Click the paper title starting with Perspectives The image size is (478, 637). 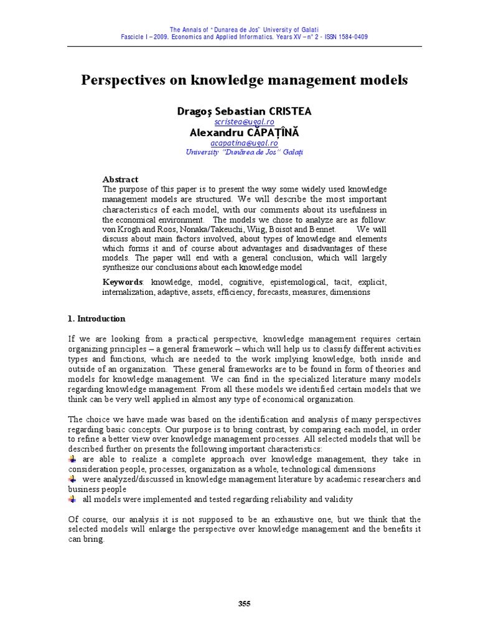tap(244, 80)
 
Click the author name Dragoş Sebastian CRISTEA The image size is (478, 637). tap(244, 111)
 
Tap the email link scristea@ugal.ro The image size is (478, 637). tap(244, 123)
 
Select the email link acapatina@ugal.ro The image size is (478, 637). tap(244, 143)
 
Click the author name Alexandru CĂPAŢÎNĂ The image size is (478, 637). tap(244, 133)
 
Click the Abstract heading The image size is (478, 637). tap(120, 179)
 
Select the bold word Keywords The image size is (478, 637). tap(123, 282)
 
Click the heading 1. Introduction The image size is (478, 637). tap(96, 318)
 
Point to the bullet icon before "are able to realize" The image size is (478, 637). tap(72, 459)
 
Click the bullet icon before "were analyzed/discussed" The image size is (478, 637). tap(72, 479)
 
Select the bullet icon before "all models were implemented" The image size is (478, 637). tap(72, 499)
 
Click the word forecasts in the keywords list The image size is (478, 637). tap(273, 292)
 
